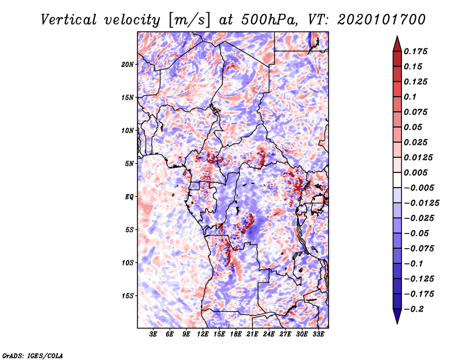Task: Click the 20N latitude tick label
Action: pos(128,64)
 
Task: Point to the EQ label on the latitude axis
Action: pos(129,197)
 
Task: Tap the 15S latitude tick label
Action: pos(128,296)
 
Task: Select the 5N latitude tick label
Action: pos(129,164)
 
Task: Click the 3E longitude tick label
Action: pos(154,335)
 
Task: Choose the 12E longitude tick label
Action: pos(203,335)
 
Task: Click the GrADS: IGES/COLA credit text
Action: pos(32,355)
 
